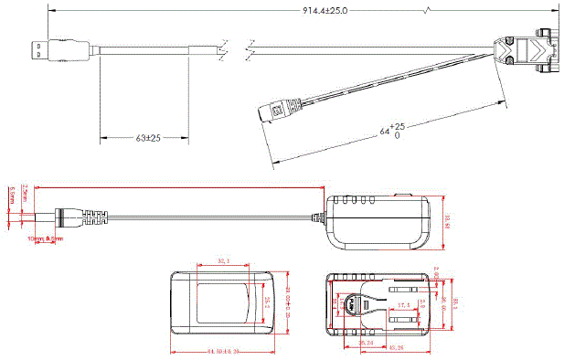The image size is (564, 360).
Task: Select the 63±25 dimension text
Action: click(x=147, y=138)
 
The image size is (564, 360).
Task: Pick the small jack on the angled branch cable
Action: click(x=274, y=111)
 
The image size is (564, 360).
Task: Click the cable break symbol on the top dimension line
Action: click(x=430, y=11)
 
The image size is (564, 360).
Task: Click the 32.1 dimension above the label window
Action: click(x=223, y=261)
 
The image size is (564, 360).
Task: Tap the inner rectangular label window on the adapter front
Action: click(x=223, y=302)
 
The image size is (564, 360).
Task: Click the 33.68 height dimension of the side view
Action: click(x=448, y=220)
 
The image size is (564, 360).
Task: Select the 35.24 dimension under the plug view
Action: click(x=365, y=342)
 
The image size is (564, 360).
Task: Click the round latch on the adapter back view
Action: click(x=348, y=305)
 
